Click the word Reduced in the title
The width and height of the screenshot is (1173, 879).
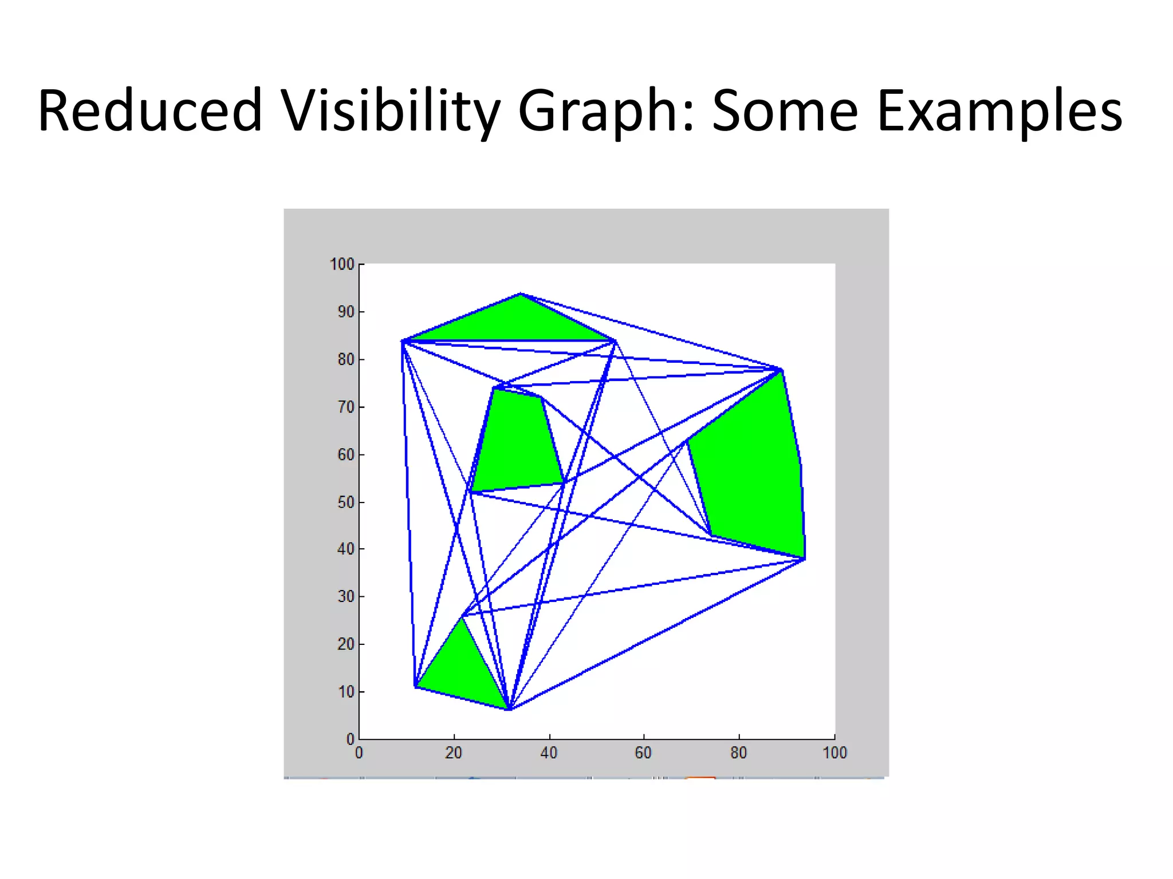150,110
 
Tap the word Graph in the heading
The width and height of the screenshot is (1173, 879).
605,110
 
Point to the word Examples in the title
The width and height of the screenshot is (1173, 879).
999,110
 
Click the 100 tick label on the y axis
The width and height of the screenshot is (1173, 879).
342,264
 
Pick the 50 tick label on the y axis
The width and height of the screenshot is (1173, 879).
345,502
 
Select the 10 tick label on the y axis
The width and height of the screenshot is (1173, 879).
345,692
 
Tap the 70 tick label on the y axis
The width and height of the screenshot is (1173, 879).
345,407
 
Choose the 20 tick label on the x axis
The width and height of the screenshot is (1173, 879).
454,753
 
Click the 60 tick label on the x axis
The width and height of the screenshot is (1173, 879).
643,753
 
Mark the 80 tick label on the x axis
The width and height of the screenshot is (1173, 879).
738,753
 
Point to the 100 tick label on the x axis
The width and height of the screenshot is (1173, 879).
835,753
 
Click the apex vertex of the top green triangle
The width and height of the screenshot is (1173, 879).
520,294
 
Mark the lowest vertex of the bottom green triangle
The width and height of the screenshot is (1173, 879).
509,710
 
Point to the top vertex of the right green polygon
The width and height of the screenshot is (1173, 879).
781,370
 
